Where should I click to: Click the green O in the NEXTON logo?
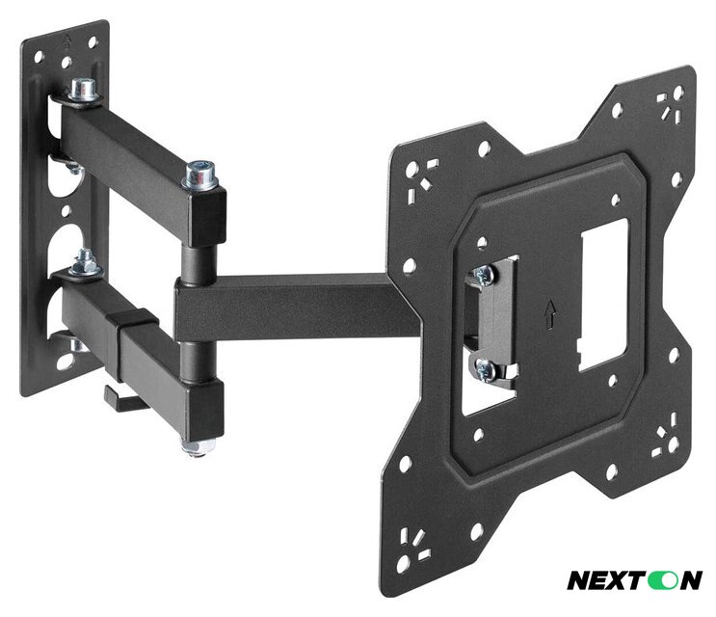pos(665,580)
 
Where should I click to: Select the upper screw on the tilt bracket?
pos(484,275)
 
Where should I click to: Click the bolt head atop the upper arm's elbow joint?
pos(200,174)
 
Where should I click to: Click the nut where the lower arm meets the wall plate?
pos(86,262)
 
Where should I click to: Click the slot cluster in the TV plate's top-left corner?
pos(418,175)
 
